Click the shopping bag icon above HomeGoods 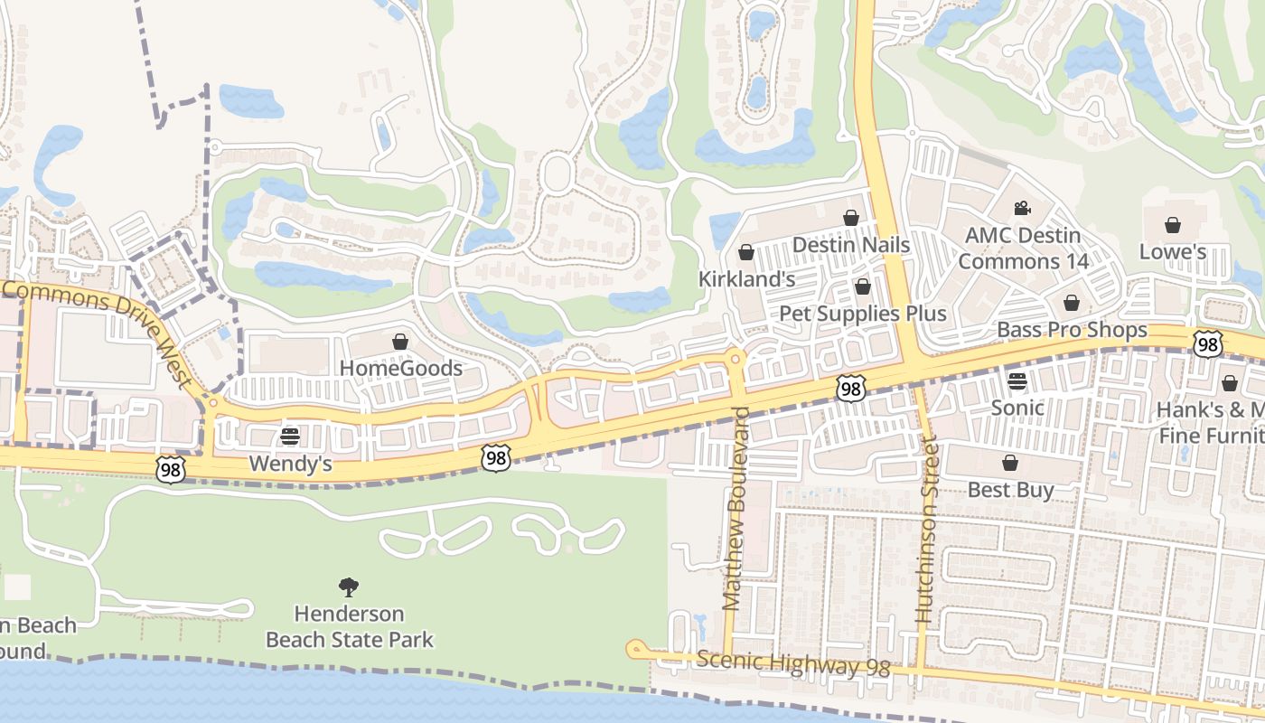[x=400, y=342]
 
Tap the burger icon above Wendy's [x=290, y=437]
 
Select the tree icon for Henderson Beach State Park [x=349, y=587]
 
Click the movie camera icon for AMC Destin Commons [x=1022, y=209]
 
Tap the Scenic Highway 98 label [x=793, y=664]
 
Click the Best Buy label [x=1010, y=490]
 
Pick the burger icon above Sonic [x=1017, y=380]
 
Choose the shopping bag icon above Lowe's [x=1173, y=225]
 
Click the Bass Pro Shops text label [x=1072, y=330]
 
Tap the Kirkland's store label [x=746, y=279]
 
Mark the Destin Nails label [x=850, y=245]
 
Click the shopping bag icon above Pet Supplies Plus [x=863, y=286]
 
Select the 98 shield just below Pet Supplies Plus [x=850, y=388]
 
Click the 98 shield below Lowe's [x=1207, y=343]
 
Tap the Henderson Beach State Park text [x=349, y=626]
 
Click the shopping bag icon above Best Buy [x=1010, y=463]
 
